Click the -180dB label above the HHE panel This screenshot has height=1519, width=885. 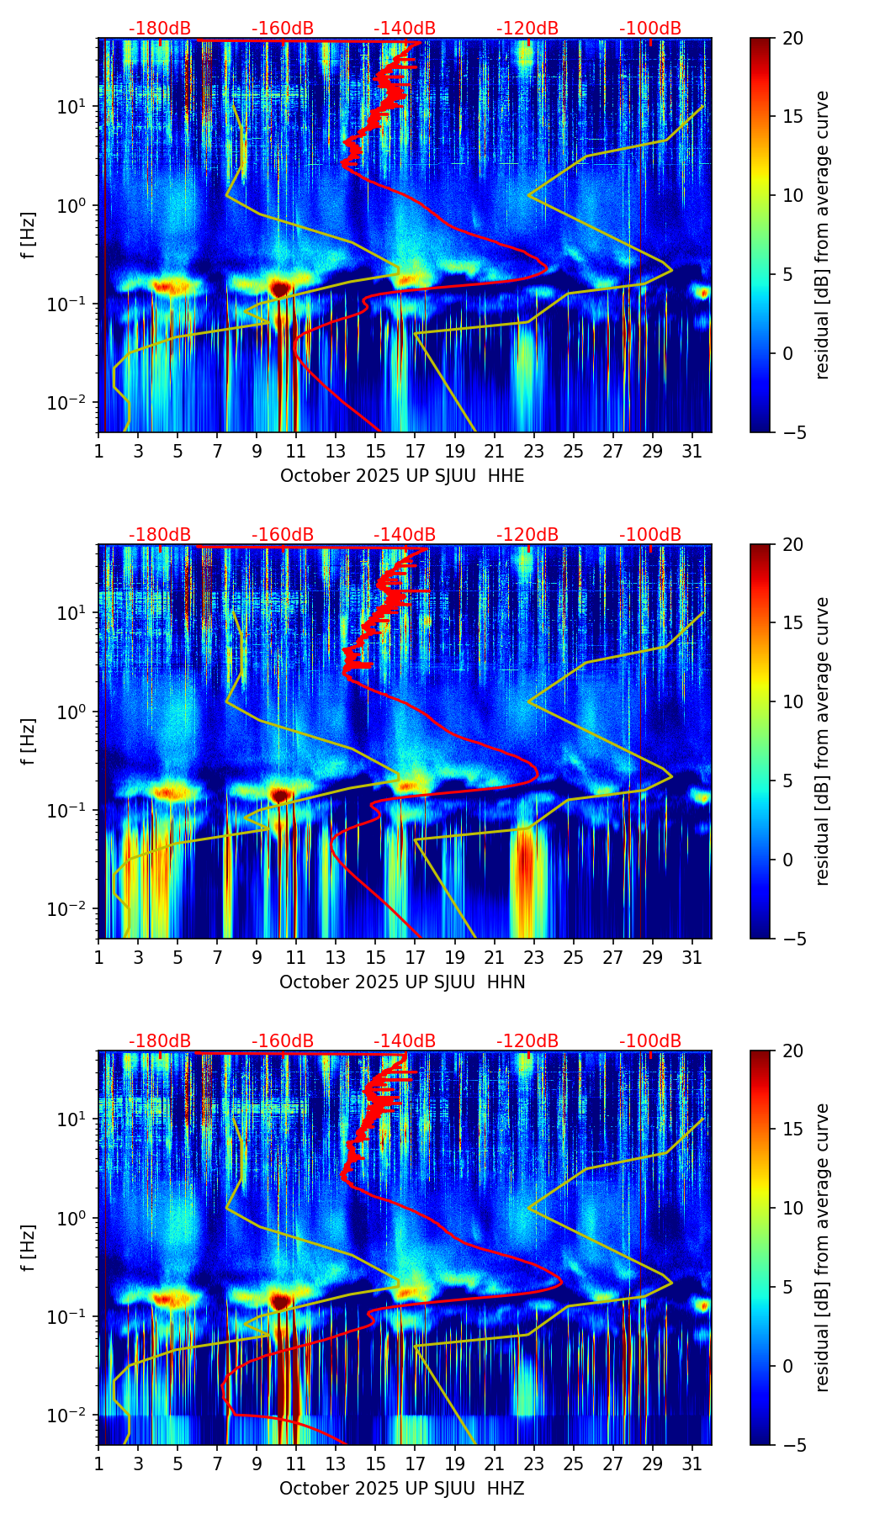(x=160, y=29)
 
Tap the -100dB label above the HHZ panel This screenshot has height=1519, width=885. (x=650, y=1041)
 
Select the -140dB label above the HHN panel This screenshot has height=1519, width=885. (x=405, y=535)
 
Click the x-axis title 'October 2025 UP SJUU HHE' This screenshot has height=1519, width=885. (x=402, y=476)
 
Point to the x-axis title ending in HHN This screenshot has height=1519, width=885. (x=402, y=982)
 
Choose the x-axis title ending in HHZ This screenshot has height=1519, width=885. (x=402, y=1489)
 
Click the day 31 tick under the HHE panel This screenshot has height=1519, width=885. (x=692, y=451)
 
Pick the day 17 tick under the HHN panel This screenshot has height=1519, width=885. (x=416, y=957)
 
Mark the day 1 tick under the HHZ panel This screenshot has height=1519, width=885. (x=99, y=1463)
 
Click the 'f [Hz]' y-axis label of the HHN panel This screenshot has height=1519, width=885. (x=29, y=741)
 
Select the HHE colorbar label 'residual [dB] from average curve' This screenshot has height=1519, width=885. (x=823, y=235)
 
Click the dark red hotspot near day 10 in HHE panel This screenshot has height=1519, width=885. (x=280, y=288)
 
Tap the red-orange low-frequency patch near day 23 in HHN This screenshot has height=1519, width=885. (x=526, y=866)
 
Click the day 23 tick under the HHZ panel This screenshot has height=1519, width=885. (x=534, y=1463)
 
